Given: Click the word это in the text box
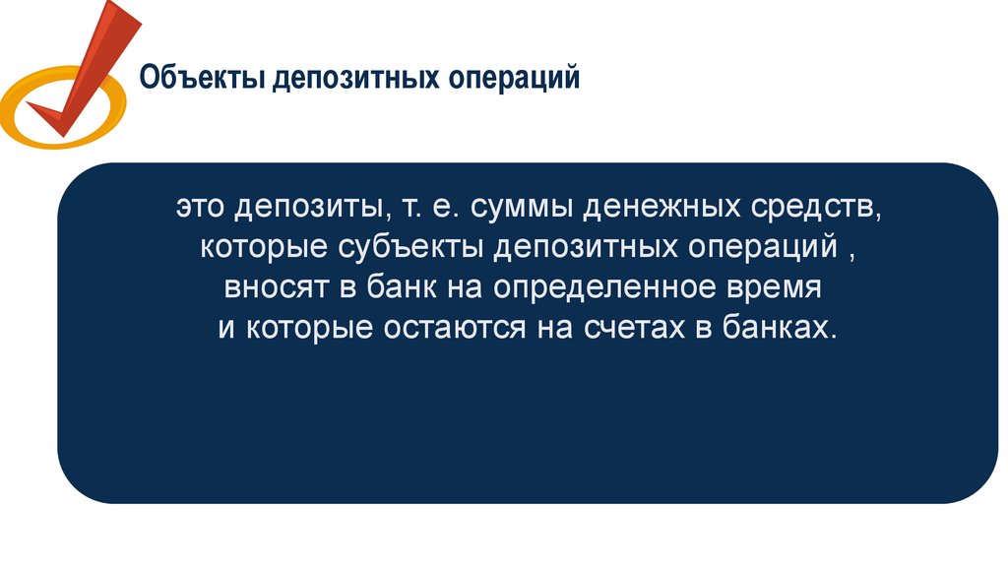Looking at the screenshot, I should tap(203, 209).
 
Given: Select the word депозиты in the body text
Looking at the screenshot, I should tap(311, 209).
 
